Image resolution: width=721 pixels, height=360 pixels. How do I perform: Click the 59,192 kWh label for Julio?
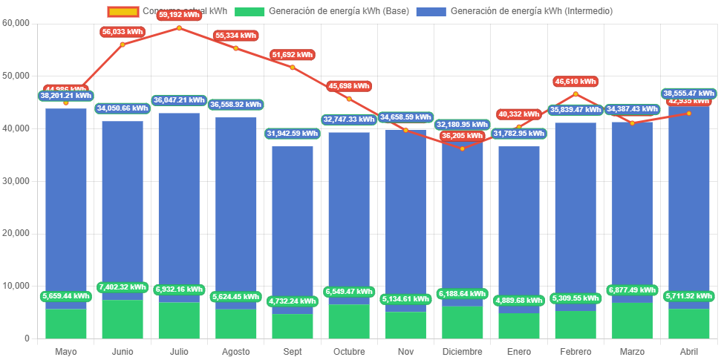pyautogui.click(x=178, y=15)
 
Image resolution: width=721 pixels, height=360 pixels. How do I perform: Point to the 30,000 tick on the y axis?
pyautogui.click(x=16, y=180)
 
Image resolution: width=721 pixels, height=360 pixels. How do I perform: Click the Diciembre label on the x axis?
pyautogui.click(x=462, y=351)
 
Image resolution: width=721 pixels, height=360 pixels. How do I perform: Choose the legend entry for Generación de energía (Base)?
pyautogui.click(x=322, y=11)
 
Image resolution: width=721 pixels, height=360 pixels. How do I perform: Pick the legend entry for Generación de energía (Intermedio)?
pyautogui.click(x=514, y=11)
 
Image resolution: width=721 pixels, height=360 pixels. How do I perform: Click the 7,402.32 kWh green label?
pyautogui.click(x=123, y=287)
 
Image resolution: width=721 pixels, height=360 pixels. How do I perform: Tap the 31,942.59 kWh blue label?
pyautogui.click(x=292, y=134)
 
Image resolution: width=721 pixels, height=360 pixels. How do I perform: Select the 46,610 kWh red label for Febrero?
pyautogui.click(x=575, y=81)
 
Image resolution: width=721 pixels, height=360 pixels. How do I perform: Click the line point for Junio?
pyautogui.click(x=123, y=45)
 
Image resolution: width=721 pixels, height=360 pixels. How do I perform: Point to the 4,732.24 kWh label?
pyautogui.click(x=292, y=301)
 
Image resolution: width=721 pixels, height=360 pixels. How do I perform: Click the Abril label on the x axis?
pyautogui.click(x=688, y=351)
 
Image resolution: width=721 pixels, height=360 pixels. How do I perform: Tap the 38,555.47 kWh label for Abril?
pyautogui.click(x=689, y=94)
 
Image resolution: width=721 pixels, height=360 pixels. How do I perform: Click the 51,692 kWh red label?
pyautogui.click(x=293, y=55)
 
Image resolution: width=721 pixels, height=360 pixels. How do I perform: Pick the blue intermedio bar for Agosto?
pyautogui.click(x=235, y=208)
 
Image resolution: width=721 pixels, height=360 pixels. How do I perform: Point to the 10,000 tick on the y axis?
pyautogui.click(x=16, y=286)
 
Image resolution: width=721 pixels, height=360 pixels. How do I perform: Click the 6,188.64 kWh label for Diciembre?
pyautogui.click(x=462, y=294)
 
